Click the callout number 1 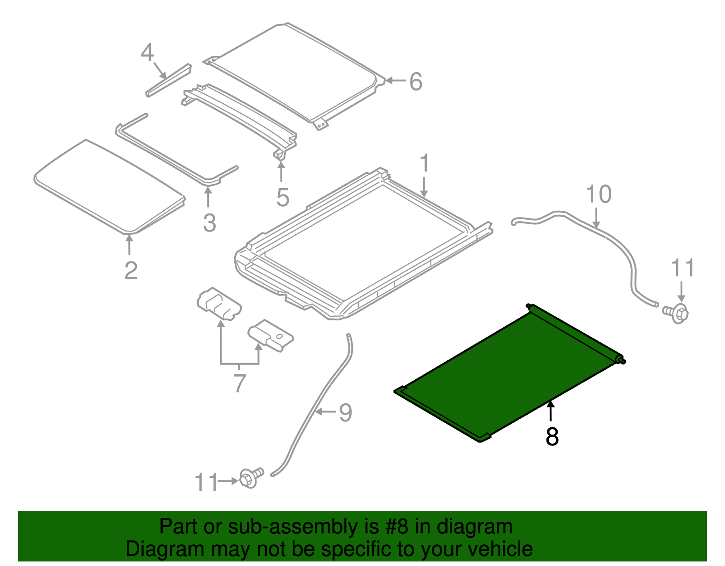click(x=424, y=164)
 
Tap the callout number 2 click(x=130, y=271)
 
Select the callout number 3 click(x=209, y=223)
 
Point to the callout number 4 click(x=147, y=53)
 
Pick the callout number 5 click(x=282, y=198)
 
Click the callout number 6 click(x=416, y=82)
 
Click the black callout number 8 click(x=552, y=436)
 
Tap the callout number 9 click(x=345, y=412)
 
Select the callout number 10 click(x=599, y=194)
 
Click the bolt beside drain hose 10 click(x=677, y=312)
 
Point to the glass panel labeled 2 click(x=109, y=186)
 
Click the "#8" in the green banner click(x=396, y=527)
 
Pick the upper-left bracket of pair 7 click(x=219, y=303)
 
